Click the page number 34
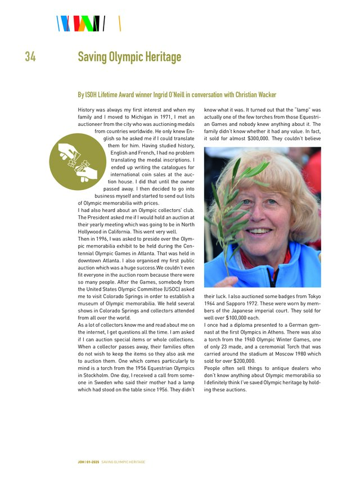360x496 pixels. [30, 57]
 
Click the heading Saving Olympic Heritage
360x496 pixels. [129, 57]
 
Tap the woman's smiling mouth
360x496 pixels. [262, 231]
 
